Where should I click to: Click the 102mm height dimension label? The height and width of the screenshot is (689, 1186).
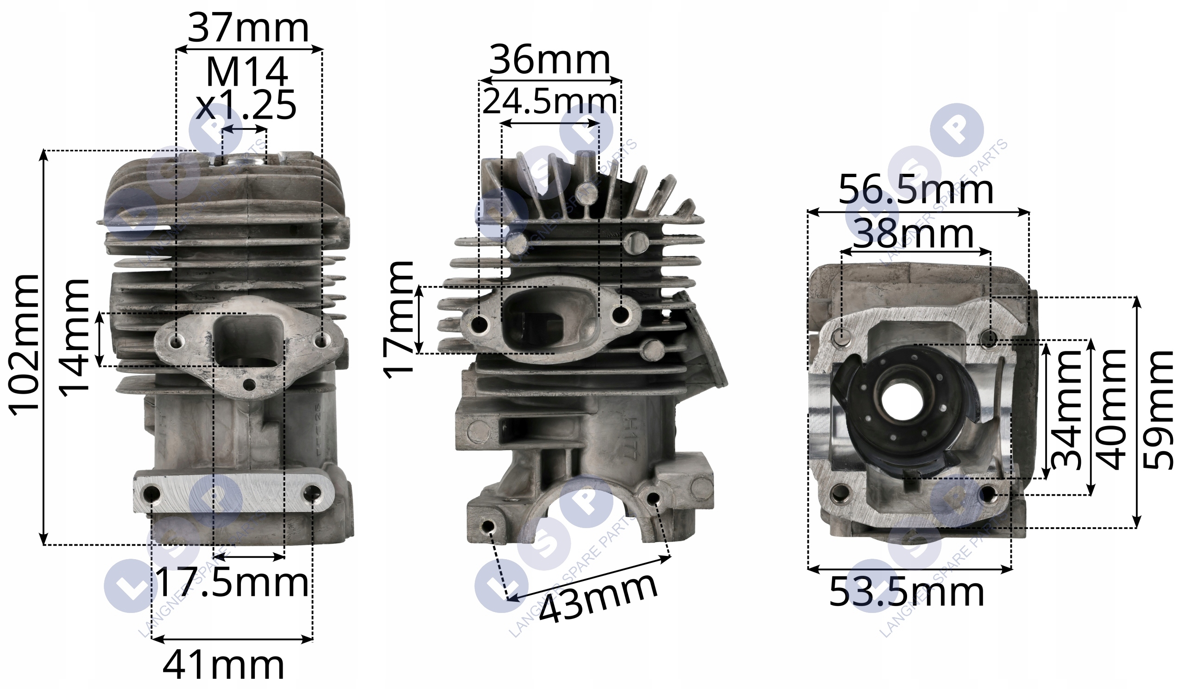25,344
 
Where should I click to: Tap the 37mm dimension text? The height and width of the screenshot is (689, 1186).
248,29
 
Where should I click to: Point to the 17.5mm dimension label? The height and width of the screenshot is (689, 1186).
232,582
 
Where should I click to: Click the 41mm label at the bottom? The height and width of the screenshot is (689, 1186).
224,665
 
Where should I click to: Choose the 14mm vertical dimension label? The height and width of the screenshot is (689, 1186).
73,338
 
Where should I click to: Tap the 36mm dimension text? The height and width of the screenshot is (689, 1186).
550,60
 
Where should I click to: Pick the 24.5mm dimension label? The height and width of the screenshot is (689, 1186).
550,102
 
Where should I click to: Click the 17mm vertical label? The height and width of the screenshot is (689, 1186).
398,320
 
